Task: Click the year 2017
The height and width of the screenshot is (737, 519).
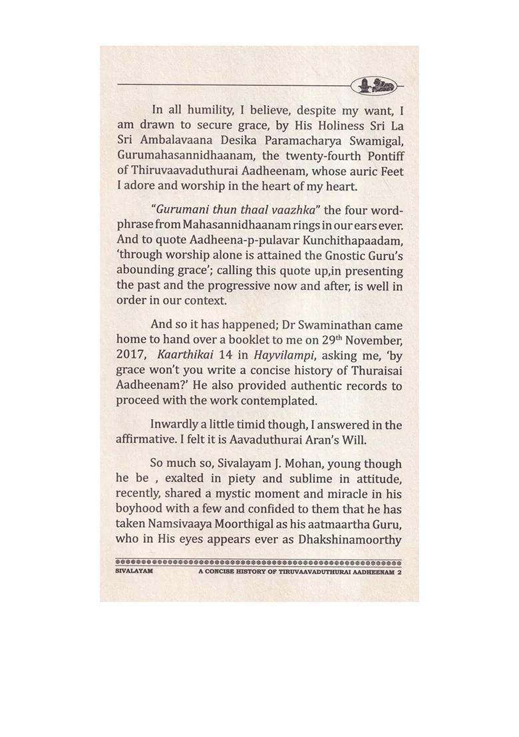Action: pos(131,355)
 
